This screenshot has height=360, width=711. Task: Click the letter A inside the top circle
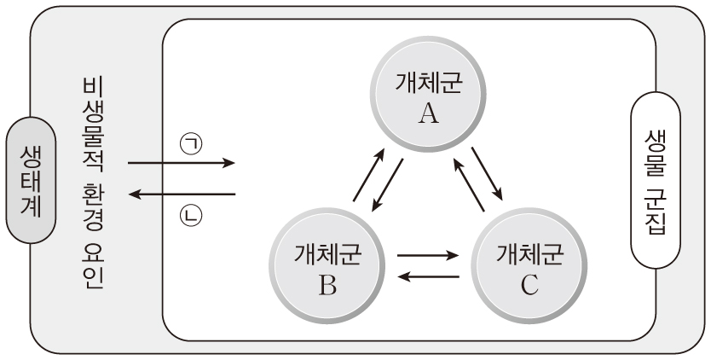(429, 113)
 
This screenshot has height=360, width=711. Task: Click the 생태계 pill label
(30, 179)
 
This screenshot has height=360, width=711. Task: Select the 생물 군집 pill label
(656, 179)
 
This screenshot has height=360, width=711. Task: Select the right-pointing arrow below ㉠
(181, 162)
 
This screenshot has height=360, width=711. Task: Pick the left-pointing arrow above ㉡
(181, 195)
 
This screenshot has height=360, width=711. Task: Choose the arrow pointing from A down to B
(388, 186)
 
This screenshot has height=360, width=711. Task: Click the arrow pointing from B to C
(429, 254)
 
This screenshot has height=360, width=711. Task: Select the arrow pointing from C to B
(429, 275)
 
